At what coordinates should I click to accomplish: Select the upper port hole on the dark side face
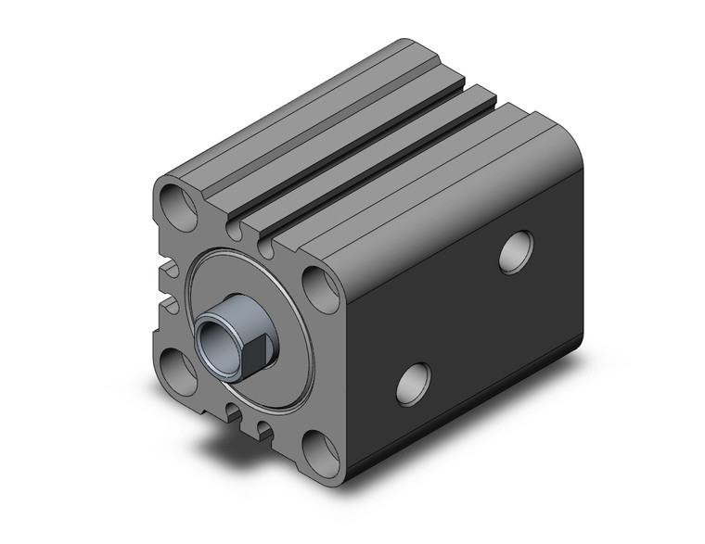point(515,252)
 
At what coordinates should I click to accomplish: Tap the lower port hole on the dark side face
point(413,383)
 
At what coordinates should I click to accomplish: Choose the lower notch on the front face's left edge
point(169,302)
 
